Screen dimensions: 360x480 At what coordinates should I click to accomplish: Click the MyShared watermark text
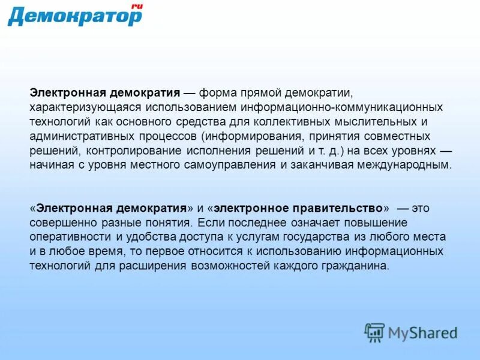click(x=422, y=332)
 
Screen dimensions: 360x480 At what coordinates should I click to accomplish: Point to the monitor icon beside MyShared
click(x=375, y=332)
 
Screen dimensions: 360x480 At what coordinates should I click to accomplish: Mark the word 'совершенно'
click(x=56, y=223)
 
